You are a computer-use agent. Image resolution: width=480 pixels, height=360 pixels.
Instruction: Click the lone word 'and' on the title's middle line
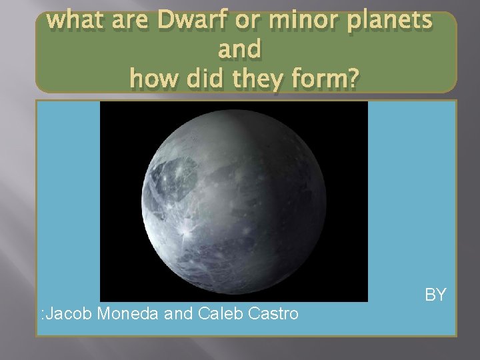[x=239, y=51]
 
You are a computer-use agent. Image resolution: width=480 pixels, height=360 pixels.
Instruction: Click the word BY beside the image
[x=435, y=294]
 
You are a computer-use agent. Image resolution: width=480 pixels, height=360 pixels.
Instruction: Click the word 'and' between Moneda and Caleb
[x=177, y=313]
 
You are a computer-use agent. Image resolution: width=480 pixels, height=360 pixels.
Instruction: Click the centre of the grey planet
[x=233, y=201]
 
